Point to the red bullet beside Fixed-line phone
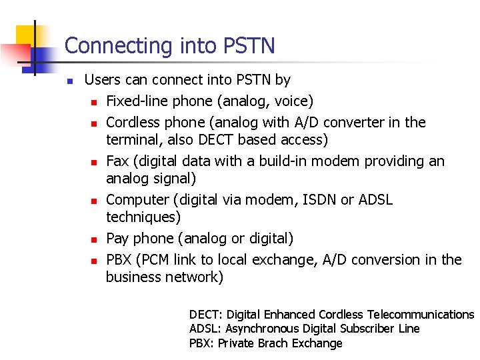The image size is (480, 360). [95, 103]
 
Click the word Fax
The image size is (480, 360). [117, 161]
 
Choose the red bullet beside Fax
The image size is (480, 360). [95, 163]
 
